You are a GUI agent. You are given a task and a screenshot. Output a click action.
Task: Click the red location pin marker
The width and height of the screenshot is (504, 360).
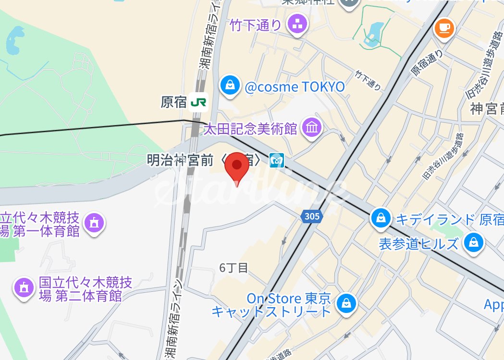point(237,166)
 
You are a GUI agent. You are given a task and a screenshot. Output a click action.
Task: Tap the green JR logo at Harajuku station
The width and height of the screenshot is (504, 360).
point(198,102)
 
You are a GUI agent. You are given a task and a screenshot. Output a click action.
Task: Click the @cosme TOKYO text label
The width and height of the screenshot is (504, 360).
point(295,87)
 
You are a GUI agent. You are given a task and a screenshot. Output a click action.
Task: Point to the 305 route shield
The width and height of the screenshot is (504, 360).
point(312,216)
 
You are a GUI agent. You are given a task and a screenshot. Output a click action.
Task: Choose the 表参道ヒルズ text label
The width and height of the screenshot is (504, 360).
point(418,244)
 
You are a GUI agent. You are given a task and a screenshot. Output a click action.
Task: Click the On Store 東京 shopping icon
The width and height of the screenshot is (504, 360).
point(345,303)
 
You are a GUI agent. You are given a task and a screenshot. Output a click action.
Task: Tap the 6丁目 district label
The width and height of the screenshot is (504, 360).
point(234,268)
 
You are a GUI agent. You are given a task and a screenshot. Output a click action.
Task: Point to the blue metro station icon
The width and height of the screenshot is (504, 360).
point(277,160)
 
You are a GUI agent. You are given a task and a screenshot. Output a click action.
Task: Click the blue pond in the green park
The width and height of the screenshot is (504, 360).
point(14,38)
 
